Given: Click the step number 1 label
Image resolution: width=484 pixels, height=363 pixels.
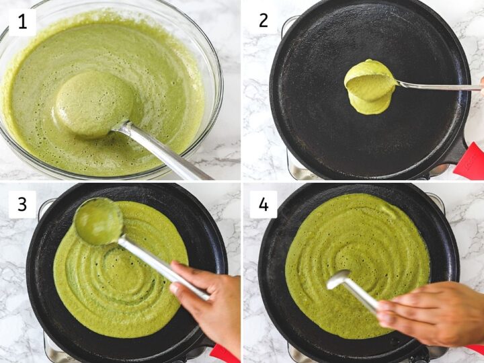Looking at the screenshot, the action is click(23, 23).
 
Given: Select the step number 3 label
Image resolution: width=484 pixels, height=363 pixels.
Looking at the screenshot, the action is click(23, 204).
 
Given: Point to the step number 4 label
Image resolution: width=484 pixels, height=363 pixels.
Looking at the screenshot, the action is click(264, 204).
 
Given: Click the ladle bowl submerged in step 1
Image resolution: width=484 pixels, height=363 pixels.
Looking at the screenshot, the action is click(94, 104).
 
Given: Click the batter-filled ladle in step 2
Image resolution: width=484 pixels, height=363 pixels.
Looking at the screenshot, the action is click(370, 81).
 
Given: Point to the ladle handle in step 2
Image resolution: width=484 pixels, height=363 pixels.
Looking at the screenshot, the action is click(438, 86).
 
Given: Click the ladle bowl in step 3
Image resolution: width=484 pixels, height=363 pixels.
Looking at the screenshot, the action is click(99, 221).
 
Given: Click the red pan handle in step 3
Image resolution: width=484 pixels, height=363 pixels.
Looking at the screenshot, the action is click(224, 354).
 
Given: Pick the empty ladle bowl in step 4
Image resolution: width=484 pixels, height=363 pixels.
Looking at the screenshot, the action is click(339, 279).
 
